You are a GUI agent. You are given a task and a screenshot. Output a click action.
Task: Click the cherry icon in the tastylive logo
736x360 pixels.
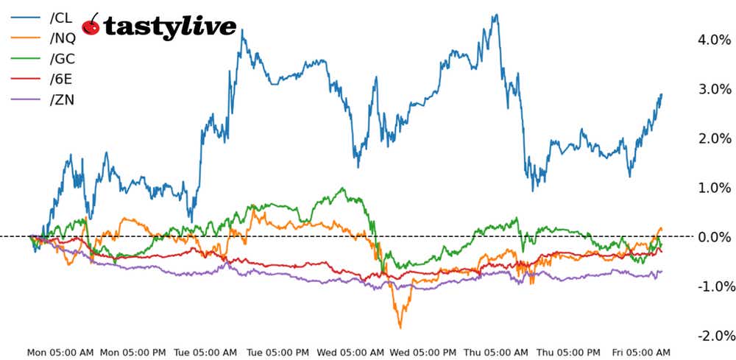tap(91, 25)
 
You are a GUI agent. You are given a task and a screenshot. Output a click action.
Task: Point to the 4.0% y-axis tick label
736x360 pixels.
tap(713, 40)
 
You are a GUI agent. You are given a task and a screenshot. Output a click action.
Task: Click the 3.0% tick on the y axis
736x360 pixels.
tap(713, 89)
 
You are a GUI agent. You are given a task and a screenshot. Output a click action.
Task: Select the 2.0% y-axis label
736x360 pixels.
tap(713, 138)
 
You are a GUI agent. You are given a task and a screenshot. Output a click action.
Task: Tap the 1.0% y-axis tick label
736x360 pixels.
tap(713, 188)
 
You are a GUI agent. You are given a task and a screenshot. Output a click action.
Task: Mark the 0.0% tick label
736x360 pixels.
tap(713, 237)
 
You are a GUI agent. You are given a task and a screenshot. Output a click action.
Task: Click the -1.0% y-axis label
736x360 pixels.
tap(712, 286)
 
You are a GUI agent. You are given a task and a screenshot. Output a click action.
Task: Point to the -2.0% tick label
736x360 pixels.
tap(712, 336)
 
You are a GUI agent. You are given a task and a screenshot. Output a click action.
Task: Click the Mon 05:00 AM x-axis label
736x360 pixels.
tap(59, 353)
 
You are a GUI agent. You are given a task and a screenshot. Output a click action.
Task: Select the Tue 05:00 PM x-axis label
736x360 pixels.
tap(278, 353)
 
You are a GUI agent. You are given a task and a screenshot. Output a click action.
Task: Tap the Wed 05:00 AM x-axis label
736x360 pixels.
tap(352, 353)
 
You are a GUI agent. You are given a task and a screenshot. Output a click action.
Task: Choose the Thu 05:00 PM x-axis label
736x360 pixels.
tap(568, 353)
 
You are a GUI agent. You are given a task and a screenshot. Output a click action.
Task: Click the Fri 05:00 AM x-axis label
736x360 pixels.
tap(640, 353)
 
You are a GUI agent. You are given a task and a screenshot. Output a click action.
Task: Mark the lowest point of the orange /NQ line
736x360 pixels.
tap(400, 327)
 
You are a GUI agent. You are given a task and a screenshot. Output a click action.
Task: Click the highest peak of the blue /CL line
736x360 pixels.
tap(497, 14)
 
